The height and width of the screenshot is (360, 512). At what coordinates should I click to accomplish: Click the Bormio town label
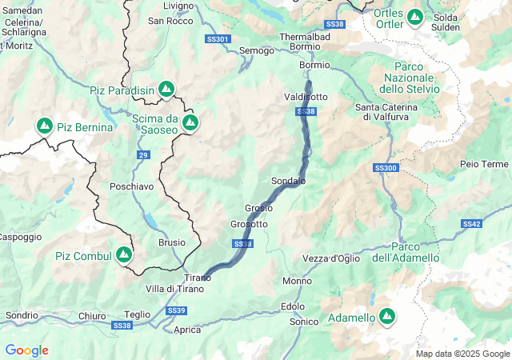314,65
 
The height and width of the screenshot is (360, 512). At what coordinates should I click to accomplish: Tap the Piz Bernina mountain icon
44,126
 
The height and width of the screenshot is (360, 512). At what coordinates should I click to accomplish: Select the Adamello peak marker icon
387,318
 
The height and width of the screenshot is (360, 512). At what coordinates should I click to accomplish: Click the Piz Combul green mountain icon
123,255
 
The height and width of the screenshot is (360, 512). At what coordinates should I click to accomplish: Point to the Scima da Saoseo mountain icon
190,122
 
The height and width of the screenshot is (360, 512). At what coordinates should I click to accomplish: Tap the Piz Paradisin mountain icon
166,89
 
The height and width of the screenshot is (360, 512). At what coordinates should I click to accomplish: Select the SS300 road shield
386,168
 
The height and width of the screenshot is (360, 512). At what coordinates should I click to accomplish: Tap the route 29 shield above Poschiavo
142,154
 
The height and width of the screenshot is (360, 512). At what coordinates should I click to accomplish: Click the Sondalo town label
288,181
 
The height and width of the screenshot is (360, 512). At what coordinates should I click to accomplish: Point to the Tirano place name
198,278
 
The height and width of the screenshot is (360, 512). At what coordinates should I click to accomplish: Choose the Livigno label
178,6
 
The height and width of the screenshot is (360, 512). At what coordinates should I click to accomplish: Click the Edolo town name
293,306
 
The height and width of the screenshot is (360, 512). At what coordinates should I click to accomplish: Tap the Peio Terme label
484,164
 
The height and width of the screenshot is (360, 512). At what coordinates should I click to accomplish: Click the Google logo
26,350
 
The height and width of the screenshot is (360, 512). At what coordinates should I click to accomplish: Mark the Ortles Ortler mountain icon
414,16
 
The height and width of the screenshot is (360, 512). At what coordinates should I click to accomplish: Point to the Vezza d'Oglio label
331,258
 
